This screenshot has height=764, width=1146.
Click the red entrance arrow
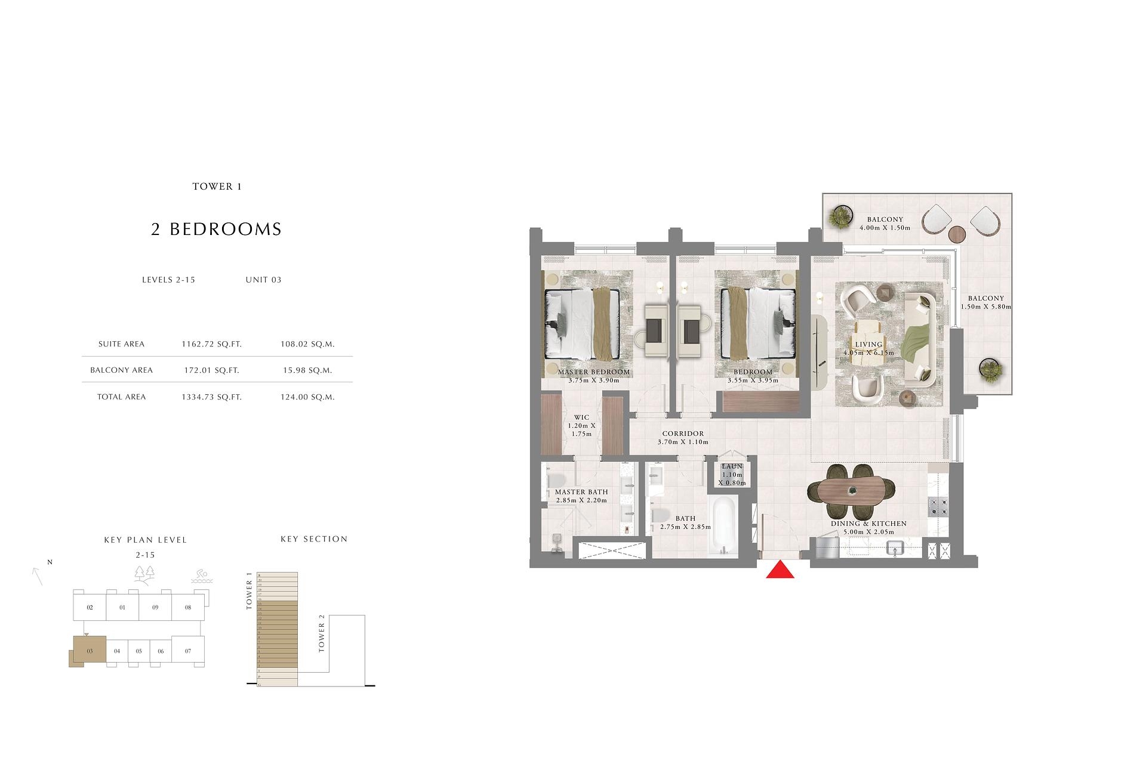780,570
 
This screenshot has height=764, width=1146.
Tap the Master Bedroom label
593,372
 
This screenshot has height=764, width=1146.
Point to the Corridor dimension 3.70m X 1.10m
683,443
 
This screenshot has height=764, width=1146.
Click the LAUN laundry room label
732,466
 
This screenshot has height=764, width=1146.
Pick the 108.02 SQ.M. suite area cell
307,344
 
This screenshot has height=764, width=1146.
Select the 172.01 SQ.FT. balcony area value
211,370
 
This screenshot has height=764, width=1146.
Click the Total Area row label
121,397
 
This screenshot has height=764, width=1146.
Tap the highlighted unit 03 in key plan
90,651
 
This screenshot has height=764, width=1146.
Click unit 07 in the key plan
188,651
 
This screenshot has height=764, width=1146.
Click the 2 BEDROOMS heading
216,230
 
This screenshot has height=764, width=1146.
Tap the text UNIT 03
263,280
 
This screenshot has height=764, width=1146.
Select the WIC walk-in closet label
581,417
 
